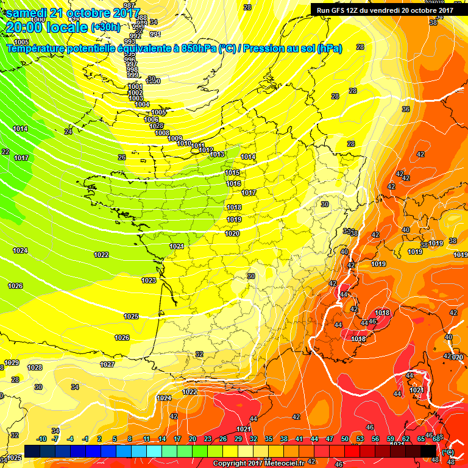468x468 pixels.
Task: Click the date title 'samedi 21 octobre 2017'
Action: [x=73, y=13]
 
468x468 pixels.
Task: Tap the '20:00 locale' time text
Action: [x=46, y=27]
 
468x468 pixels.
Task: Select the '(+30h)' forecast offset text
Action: [x=105, y=27]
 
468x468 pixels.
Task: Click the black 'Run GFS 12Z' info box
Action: [x=385, y=10]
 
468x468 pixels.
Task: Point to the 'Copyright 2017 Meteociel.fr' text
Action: [x=258, y=463]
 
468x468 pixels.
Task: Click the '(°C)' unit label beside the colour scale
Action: [x=448, y=452]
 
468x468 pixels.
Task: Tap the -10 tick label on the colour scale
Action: [x=41, y=439]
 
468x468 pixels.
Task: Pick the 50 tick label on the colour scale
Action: [x=345, y=439]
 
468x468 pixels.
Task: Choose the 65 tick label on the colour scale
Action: [x=421, y=439]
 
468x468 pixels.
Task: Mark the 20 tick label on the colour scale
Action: [x=193, y=439]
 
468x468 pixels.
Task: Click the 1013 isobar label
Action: [x=218, y=154]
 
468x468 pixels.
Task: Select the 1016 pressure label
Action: [x=233, y=183]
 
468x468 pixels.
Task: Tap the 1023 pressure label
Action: [x=149, y=280]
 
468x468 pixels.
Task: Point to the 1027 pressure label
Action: [x=107, y=364]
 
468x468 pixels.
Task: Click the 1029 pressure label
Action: [x=12, y=363]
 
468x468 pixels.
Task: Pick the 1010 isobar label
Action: [x=184, y=143]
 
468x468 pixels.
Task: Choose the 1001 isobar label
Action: [x=135, y=87]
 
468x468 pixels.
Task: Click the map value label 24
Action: [x=68, y=132]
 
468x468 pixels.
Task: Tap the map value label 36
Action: [x=406, y=109]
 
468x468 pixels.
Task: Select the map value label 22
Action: [x=5, y=152]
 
